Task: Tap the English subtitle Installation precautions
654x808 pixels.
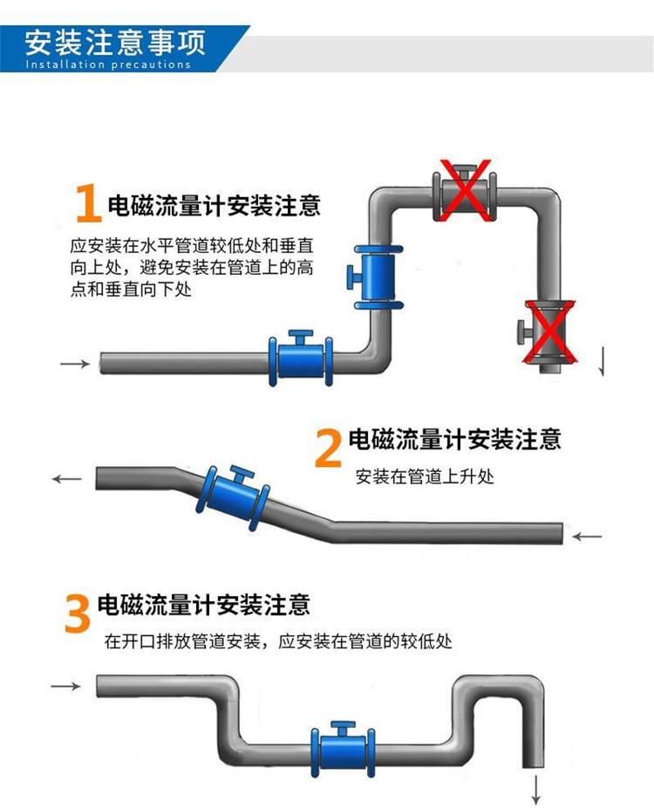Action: point(108,65)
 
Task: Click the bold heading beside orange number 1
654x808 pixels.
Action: point(214,206)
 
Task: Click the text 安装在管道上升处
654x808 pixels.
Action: point(425,477)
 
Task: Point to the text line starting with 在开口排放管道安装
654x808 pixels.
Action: point(278,642)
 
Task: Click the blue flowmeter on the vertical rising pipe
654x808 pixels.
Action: point(374,274)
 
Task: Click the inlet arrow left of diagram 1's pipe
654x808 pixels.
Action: point(75,363)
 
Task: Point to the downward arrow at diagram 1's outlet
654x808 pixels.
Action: point(601,359)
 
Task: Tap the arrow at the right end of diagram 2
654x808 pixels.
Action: point(588,535)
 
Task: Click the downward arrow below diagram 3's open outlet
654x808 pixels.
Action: point(536,790)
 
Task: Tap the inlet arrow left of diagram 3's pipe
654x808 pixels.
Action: point(65,687)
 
